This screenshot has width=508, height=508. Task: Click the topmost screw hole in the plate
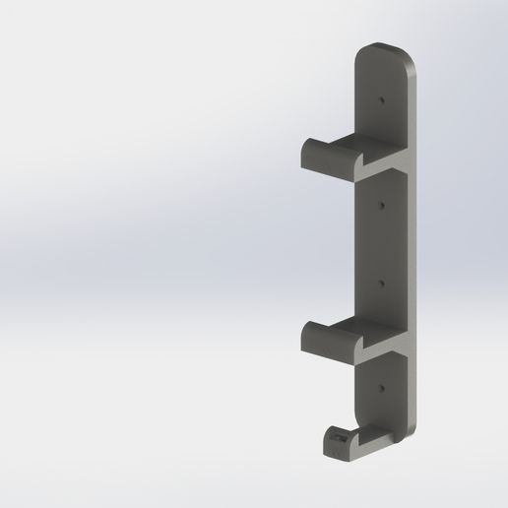tap(381, 99)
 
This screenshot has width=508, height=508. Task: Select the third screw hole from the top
tap(381, 281)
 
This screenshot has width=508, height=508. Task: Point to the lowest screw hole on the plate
tap(381, 389)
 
